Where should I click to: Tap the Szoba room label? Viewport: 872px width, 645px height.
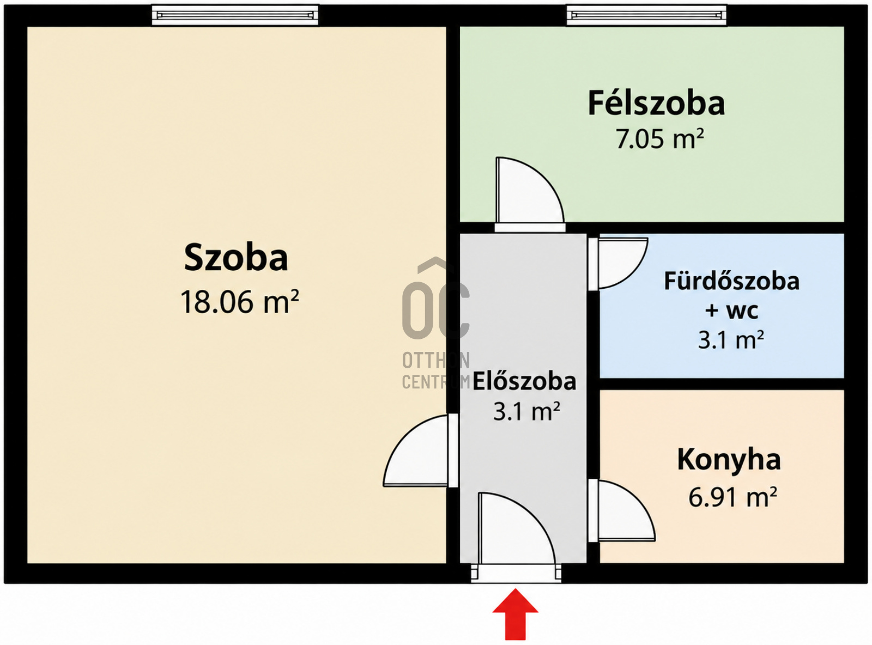pos(236,258)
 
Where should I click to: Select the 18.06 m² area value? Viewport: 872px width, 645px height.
pos(239,302)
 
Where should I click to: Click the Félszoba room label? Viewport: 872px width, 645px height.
pos(656,103)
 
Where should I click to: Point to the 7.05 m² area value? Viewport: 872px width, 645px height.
pos(659,139)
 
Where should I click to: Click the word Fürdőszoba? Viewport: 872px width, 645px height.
pos(731,282)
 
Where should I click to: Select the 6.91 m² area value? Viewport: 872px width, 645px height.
pos(732,497)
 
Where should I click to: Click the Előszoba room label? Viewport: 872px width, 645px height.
pos(524,381)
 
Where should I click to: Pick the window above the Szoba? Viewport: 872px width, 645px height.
pos(235,15)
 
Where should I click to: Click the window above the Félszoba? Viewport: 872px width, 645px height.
pos(646,15)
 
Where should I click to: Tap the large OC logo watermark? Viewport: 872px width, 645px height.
pos(436,299)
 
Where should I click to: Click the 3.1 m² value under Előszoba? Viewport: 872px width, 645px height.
pos(526,412)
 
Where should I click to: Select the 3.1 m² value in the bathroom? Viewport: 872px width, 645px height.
pos(731,340)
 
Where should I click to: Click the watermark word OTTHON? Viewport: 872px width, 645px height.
pos(436,360)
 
